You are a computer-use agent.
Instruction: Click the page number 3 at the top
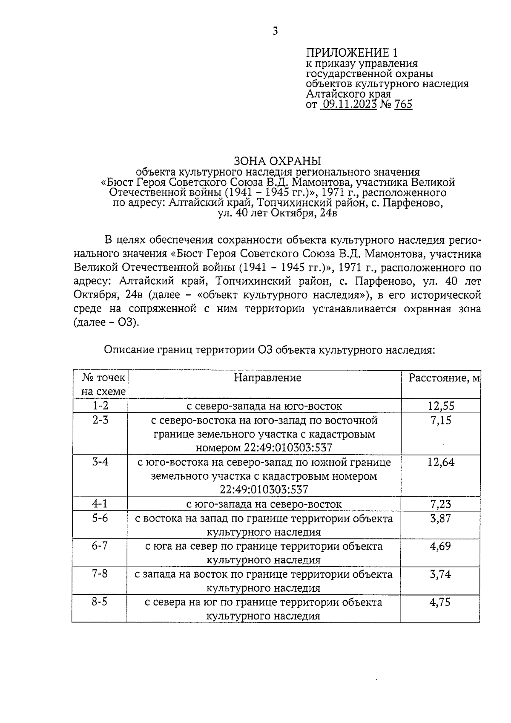click(x=275, y=31)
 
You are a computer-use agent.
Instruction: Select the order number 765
click(x=403, y=104)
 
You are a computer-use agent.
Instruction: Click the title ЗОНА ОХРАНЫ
click(x=277, y=161)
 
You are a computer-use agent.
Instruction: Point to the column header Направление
click(x=267, y=377)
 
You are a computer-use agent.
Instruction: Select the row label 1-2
click(x=100, y=406)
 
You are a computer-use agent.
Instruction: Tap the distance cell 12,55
click(x=441, y=406)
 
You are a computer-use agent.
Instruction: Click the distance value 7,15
click(x=441, y=421)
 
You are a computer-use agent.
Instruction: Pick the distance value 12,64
click(x=441, y=462)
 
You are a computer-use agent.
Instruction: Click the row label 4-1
click(x=100, y=504)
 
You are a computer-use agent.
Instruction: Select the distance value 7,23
click(x=441, y=504)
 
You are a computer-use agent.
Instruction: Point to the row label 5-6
click(x=100, y=518)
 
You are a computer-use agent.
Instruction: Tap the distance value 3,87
click(x=441, y=518)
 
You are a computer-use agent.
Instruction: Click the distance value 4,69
click(x=441, y=546)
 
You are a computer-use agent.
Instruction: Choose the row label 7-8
click(x=100, y=574)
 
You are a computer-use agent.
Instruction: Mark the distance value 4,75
click(x=441, y=602)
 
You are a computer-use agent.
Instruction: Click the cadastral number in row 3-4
click(x=264, y=490)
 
